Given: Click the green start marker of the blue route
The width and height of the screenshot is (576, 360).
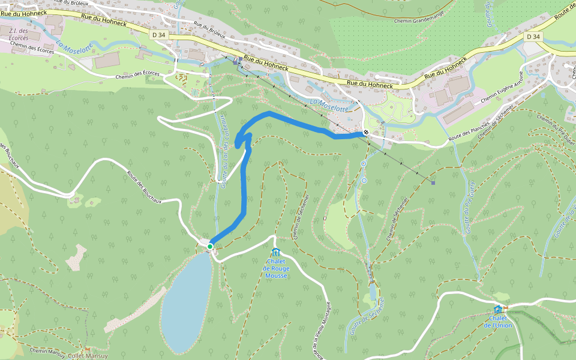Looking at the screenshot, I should tap(210, 247).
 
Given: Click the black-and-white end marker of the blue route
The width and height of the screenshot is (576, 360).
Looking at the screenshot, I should tap(366, 132).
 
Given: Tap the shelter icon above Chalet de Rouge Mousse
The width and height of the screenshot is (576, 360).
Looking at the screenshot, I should tap(276, 252).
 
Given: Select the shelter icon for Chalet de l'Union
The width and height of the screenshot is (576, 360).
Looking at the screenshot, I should tap(497, 310).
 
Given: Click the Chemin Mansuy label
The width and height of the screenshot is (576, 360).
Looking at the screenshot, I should tap(47, 351).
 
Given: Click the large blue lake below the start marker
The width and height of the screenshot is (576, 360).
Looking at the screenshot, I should tap(186, 300).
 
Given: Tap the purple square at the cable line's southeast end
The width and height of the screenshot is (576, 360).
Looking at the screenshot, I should tap(433, 182).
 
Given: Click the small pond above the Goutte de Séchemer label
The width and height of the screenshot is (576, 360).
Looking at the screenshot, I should tap(372, 292).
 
